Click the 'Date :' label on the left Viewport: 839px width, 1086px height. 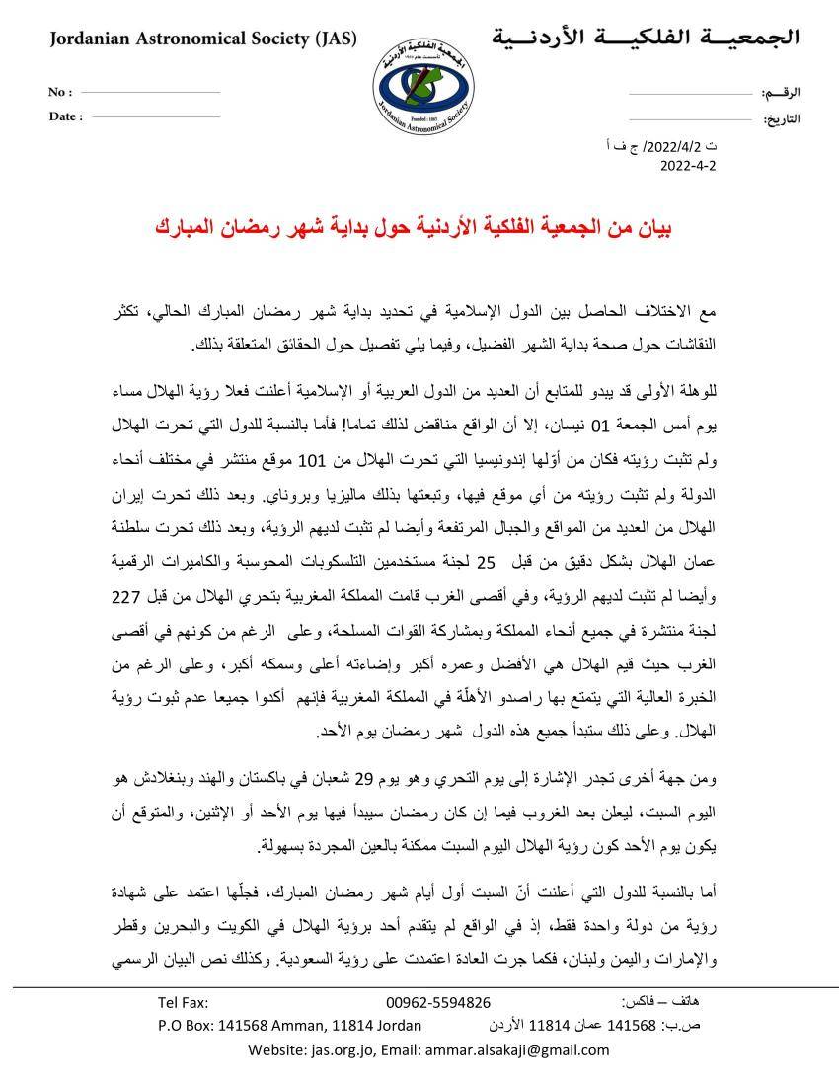(65, 116)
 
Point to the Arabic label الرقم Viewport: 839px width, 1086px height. (781, 93)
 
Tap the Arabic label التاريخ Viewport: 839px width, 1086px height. (781, 119)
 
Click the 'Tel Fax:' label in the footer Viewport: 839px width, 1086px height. (184, 1002)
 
